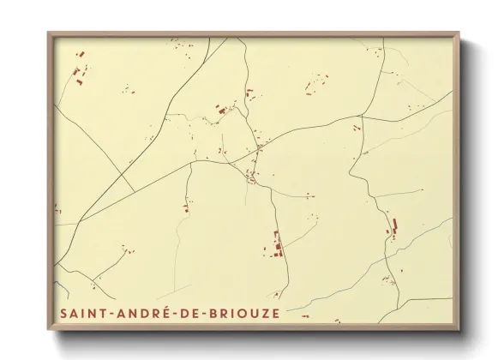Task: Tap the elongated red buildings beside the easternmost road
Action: pos(395,229)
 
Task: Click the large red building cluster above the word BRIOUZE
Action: pos(278,245)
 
